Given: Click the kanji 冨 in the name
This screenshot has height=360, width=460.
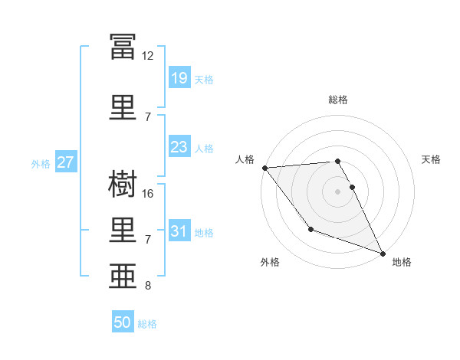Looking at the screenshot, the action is (123, 46).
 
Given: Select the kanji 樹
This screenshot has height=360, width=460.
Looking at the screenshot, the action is (123, 184).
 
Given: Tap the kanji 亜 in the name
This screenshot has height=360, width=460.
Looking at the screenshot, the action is (123, 276).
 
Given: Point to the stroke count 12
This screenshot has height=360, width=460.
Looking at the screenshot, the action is (147, 56).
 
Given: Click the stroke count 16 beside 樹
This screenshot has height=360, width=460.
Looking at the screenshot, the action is (147, 194).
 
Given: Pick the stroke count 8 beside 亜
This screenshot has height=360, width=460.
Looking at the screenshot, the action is (148, 286).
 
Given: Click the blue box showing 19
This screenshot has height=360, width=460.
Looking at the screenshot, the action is (179, 77).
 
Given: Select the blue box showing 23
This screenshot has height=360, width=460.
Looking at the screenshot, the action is (179, 146).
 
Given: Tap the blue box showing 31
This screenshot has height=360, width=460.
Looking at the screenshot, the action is (179, 230).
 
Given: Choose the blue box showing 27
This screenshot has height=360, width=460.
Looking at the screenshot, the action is (66, 162).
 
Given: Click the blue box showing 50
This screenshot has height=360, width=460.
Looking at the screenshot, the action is (123, 321).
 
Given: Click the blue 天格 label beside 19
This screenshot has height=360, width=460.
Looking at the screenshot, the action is (204, 80).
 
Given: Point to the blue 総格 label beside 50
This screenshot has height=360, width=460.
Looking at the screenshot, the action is (147, 324).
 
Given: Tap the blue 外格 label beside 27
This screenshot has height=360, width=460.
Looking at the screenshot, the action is (41, 164).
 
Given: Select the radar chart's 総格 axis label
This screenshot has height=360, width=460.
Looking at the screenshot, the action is (338, 100).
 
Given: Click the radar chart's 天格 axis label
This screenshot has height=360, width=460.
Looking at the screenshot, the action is (431, 159).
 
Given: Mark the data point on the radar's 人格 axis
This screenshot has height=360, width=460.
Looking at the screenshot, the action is (265, 168).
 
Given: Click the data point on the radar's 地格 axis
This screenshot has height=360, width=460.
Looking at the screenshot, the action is (383, 254).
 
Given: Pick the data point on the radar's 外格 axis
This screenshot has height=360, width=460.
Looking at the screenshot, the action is (311, 229).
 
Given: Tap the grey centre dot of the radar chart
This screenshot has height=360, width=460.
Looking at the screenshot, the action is (337, 191).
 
